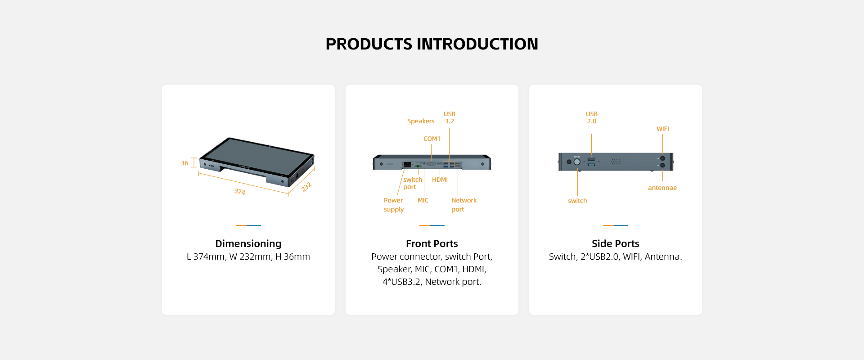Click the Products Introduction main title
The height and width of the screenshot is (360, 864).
[x=432, y=44]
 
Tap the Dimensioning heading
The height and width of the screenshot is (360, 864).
[x=248, y=243]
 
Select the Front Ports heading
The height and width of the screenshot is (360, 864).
[x=432, y=243]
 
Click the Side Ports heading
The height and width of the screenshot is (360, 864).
[x=615, y=243]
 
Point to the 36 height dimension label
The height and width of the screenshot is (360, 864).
[x=184, y=163]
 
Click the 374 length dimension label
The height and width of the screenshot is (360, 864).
[x=239, y=191]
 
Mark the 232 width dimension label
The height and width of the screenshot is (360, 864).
[x=306, y=187]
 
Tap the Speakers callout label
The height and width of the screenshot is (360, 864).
[x=421, y=121]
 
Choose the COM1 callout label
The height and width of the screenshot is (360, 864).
[x=432, y=139]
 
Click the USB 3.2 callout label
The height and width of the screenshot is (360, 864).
[x=449, y=117]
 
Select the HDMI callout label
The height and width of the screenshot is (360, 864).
[x=440, y=180]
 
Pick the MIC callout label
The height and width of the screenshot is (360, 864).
[x=423, y=200]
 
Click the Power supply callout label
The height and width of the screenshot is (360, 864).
[x=394, y=205]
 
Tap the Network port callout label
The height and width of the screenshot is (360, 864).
[x=463, y=205]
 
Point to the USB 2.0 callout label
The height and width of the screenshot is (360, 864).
[x=591, y=117]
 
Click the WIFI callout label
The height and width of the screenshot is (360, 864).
[x=662, y=129]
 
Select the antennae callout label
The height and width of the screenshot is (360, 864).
[x=662, y=188]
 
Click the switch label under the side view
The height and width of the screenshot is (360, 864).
[x=577, y=201]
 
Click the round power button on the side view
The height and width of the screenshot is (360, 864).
[x=577, y=162]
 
